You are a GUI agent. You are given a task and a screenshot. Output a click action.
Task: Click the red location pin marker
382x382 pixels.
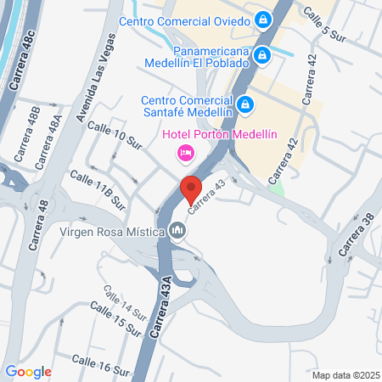click(x=190, y=189)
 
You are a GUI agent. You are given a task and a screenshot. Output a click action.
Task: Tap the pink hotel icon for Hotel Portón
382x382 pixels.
click(x=184, y=153)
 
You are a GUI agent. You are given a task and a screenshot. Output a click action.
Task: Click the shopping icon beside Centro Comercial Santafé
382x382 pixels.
click(x=245, y=104)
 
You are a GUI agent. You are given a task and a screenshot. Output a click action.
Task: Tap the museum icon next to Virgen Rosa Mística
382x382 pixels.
click(x=177, y=230)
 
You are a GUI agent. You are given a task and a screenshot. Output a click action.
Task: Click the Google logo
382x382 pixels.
click(x=28, y=371)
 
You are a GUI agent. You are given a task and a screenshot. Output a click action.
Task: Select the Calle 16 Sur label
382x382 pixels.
click(x=101, y=362)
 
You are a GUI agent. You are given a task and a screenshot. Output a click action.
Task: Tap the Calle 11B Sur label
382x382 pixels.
click(x=98, y=191)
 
